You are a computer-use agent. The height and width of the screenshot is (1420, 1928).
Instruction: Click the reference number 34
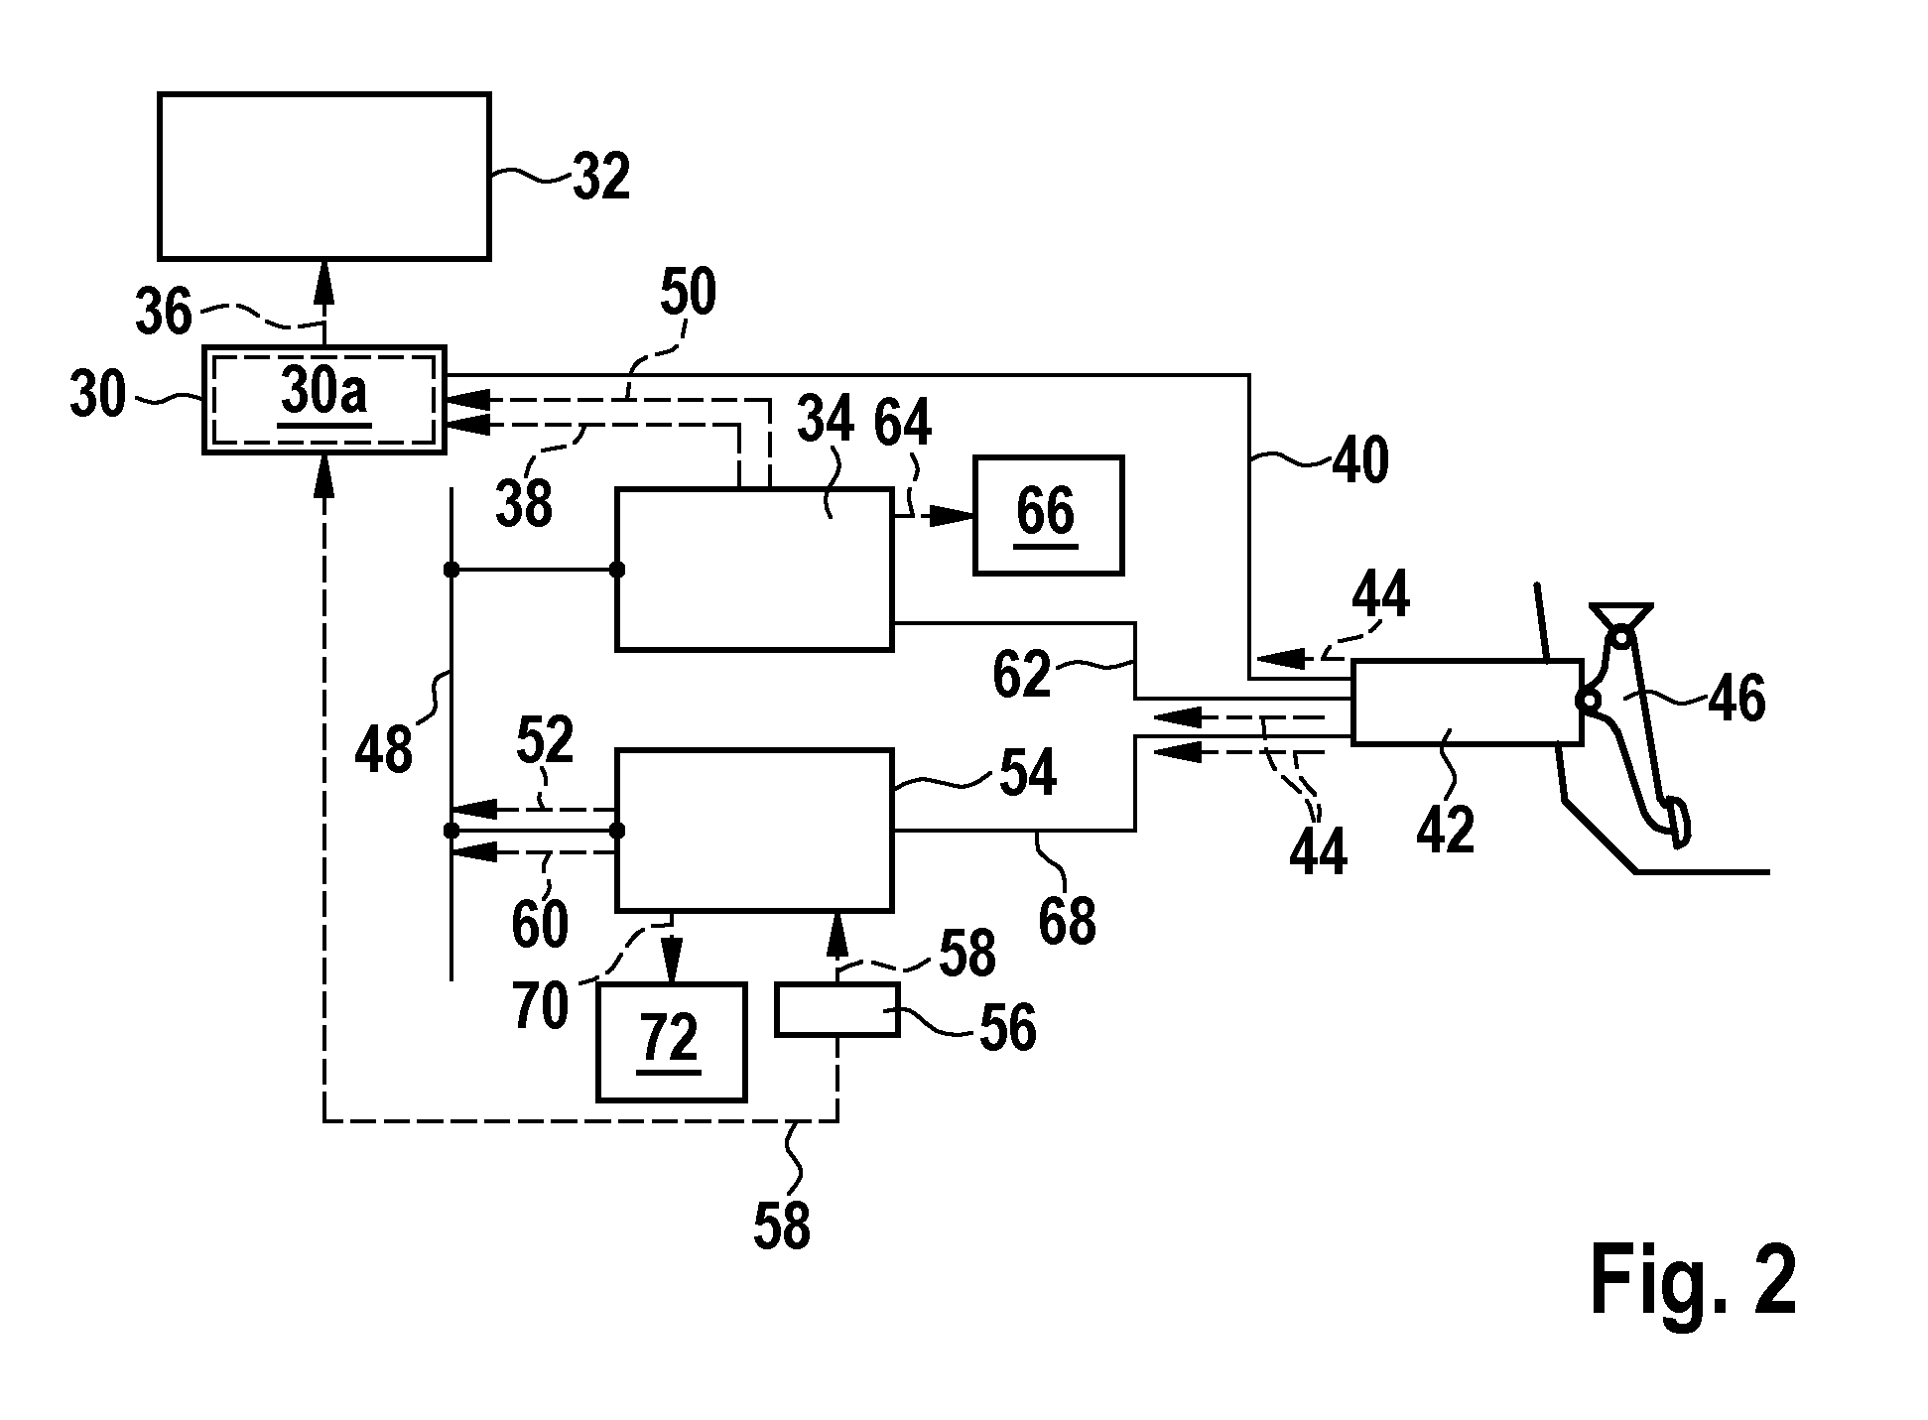[x=826, y=421]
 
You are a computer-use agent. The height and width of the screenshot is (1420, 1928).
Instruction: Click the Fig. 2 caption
[x=1693, y=1281]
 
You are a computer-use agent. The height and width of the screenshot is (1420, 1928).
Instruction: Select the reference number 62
[x=1021, y=676]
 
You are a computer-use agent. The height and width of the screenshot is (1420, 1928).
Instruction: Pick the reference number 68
[x=1067, y=921]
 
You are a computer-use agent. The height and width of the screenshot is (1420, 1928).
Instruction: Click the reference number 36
[x=163, y=312]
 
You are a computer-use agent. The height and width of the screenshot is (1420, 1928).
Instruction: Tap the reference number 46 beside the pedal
[x=1736, y=698]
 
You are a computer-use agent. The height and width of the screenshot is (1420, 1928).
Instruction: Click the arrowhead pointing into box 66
[x=951, y=516]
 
